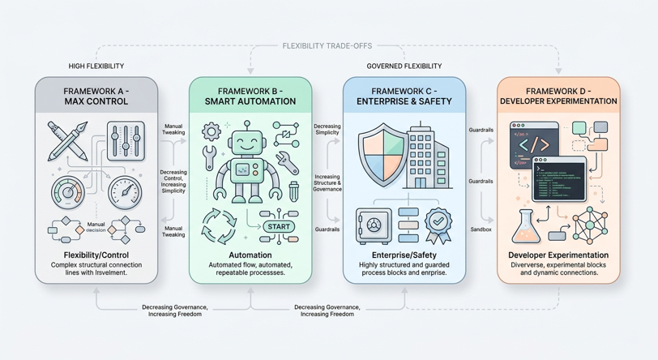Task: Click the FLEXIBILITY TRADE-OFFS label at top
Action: tap(327, 46)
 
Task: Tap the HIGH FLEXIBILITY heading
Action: tap(96, 66)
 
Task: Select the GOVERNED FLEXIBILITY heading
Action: tap(404, 66)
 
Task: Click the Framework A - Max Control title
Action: tap(96, 96)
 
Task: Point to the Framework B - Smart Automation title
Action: tap(250, 96)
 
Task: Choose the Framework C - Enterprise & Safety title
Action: tap(404, 96)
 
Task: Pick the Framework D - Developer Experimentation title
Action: tap(558, 96)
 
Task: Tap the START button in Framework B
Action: tap(279, 227)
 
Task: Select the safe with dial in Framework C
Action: tap(374, 226)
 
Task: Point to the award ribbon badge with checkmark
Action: tap(438, 224)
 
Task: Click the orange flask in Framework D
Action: tap(528, 227)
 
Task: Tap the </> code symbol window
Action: tap(532, 145)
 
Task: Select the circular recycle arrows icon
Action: tap(218, 226)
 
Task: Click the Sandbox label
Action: tap(481, 229)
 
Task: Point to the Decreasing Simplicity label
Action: tap(327, 130)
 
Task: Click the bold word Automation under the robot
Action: tap(250, 255)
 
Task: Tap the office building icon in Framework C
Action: tap(428, 157)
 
